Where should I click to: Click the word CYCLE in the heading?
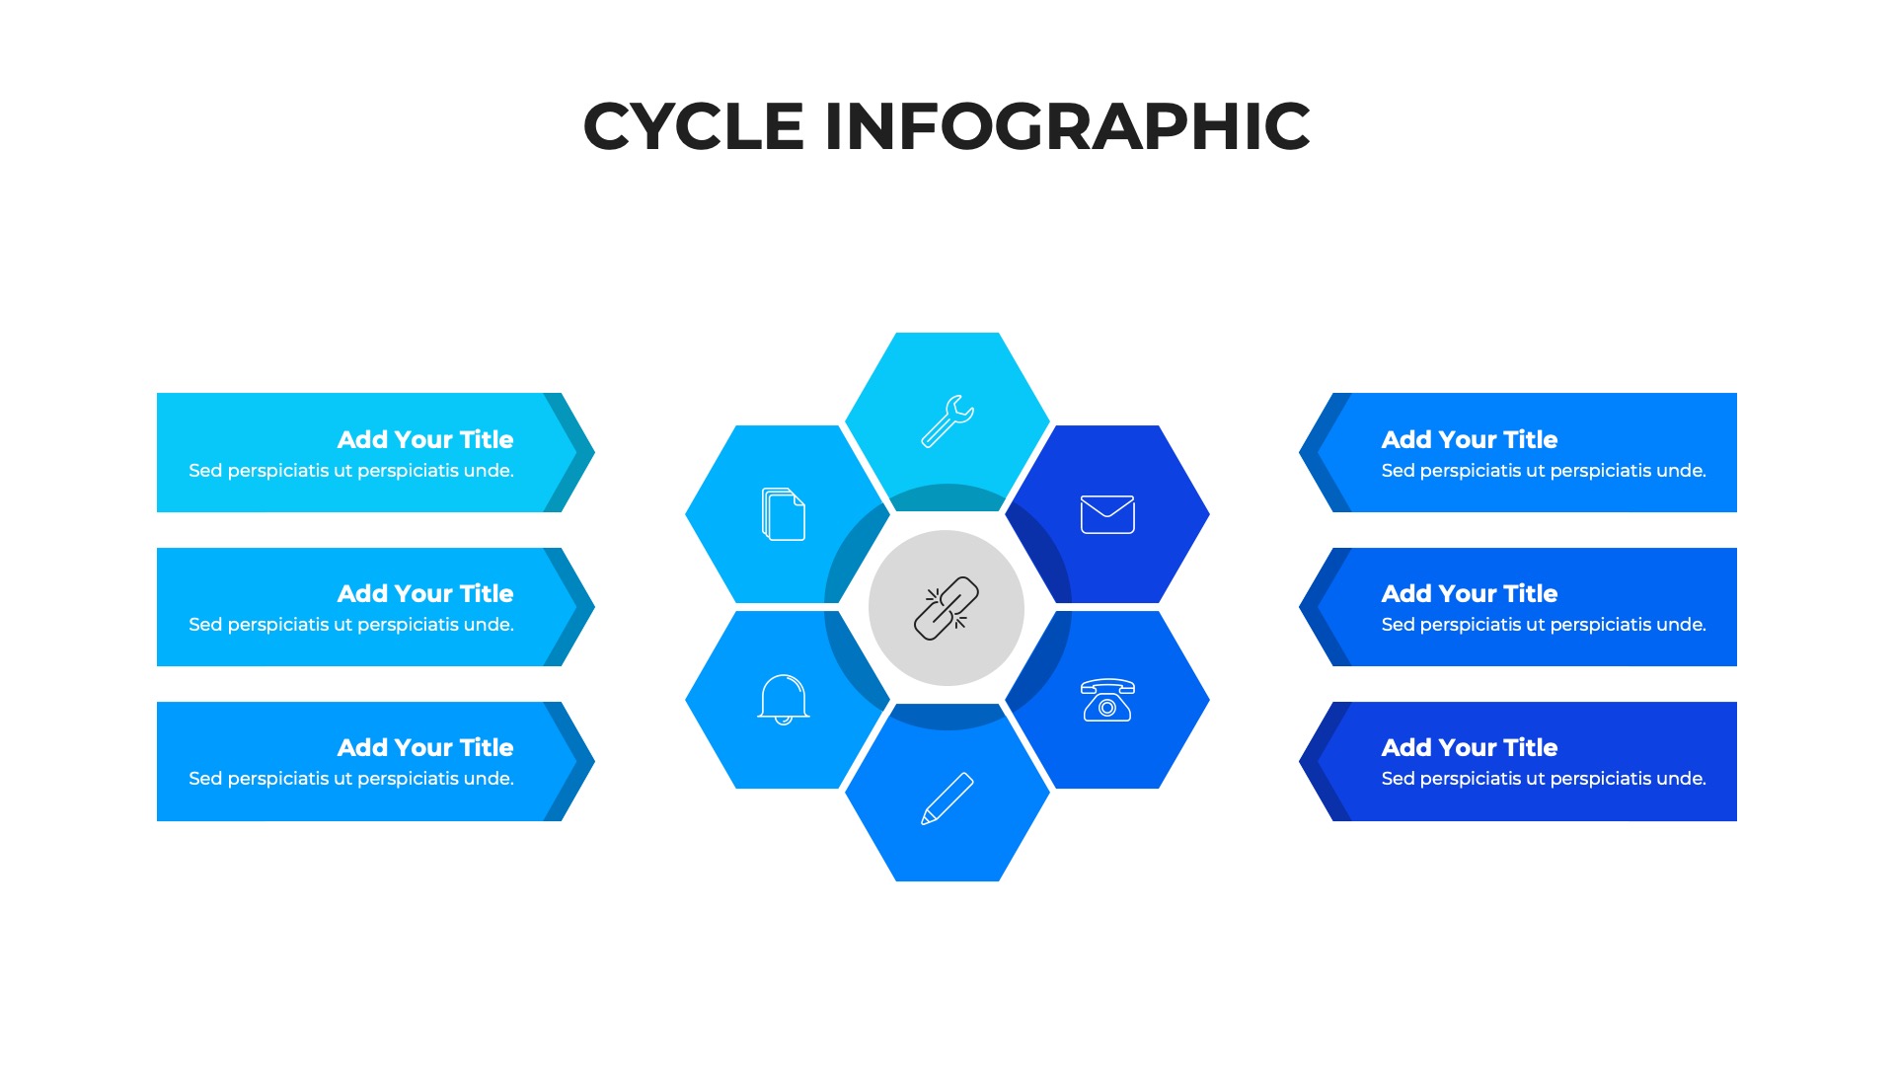tap(694, 126)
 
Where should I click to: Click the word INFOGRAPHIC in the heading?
tap(1067, 126)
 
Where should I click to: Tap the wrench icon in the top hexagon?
tap(947, 421)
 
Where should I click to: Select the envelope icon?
tap(1107, 514)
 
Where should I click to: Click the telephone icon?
tap(1107, 700)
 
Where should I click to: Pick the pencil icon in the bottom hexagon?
tap(947, 798)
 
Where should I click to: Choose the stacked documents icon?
tap(784, 514)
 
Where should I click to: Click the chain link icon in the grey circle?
tap(947, 608)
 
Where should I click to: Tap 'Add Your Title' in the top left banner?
tap(425, 439)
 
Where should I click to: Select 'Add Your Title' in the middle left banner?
tap(425, 593)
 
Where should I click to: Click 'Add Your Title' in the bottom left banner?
tap(425, 747)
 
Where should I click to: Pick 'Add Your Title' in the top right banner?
tap(1469, 439)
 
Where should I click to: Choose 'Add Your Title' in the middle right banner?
tap(1469, 593)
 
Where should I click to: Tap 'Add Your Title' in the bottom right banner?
tap(1469, 747)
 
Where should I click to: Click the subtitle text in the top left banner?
tap(351, 471)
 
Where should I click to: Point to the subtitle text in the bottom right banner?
tap(1544, 779)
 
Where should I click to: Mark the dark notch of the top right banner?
tap(1317, 453)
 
